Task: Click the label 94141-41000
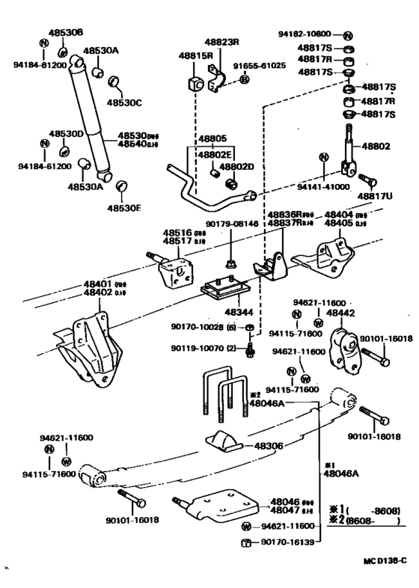(326, 187)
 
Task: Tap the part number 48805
(212, 138)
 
